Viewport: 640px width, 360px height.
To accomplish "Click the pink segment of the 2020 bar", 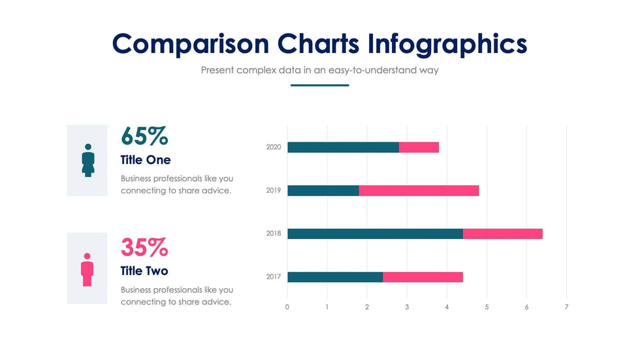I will (419, 147).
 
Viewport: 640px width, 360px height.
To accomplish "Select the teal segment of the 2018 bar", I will (375, 234).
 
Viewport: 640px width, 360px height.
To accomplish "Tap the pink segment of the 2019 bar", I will (419, 191).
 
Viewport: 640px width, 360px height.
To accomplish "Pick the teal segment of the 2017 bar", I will (335, 277).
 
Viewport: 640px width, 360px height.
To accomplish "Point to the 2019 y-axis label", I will (274, 191).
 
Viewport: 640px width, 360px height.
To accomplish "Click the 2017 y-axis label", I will (274, 277).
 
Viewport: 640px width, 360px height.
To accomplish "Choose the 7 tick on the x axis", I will (566, 307).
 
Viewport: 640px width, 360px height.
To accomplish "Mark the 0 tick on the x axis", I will (287, 307).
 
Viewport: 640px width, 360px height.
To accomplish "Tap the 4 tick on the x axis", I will (447, 307).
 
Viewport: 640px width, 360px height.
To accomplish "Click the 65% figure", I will (144, 136).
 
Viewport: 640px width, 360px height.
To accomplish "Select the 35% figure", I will (144, 248).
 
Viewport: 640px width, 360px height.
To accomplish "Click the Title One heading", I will (146, 160).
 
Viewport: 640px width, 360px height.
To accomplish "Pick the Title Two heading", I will (144, 271).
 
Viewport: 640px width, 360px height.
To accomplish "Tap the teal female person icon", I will (88, 160).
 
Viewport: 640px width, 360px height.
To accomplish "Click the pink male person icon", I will (87, 269).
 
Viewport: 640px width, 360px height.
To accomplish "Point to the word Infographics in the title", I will (447, 44).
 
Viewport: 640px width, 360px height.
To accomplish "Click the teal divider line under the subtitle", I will (319, 85).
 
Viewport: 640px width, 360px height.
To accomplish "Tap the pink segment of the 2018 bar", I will (503, 234).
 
